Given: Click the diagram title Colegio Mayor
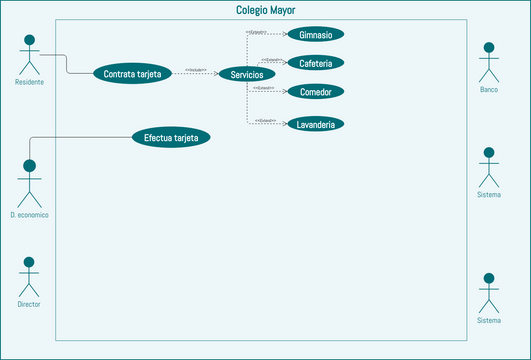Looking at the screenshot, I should pyautogui.click(x=265, y=10).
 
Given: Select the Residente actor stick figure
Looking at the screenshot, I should pyautogui.click(x=29, y=55).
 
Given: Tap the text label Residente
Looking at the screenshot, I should pyautogui.click(x=29, y=82).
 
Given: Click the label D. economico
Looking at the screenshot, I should pyautogui.click(x=29, y=215).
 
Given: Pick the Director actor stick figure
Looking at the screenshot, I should pyautogui.click(x=29, y=275).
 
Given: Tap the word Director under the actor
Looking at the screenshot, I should pyautogui.click(x=29, y=304).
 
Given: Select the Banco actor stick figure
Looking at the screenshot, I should pyautogui.click(x=489, y=62).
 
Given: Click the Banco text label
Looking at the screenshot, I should pyautogui.click(x=489, y=90).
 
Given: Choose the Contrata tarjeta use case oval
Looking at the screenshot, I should pyautogui.click(x=133, y=73).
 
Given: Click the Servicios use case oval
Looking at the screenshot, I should pyautogui.click(x=246, y=74).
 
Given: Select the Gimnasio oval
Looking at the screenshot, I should pyautogui.click(x=316, y=34).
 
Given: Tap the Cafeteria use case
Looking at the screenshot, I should pyautogui.click(x=316, y=63).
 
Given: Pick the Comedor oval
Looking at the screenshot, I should pyautogui.click(x=316, y=92).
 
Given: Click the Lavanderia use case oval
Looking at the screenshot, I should pyautogui.click(x=316, y=125).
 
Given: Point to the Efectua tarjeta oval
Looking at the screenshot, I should pyautogui.click(x=171, y=138).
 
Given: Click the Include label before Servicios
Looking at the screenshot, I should pyautogui.click(x=196, y=69).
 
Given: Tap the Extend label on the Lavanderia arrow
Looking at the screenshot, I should pyautogui.click(x=265, y=121).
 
